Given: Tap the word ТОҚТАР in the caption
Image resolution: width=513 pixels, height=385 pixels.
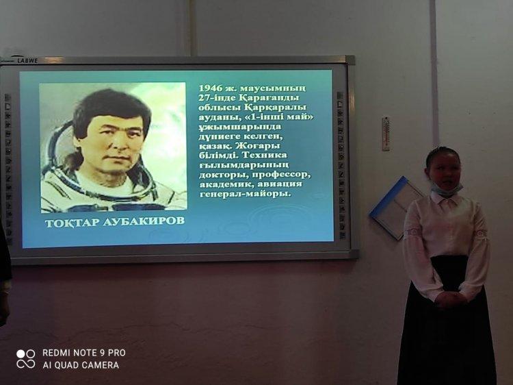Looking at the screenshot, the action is coord(72,223).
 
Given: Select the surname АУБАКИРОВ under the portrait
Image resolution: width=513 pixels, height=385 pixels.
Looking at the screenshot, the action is coord(144,221).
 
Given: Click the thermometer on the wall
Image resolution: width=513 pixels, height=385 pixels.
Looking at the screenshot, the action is coord(386,134).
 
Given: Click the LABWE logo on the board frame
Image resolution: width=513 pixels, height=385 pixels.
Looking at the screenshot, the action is coord(27,60).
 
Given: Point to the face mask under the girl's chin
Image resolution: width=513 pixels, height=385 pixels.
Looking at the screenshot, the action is coord(446,189).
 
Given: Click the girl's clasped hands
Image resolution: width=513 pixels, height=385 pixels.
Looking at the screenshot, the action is coord(451,299).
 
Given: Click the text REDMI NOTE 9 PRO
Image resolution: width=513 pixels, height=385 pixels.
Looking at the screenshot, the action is coord(84,353).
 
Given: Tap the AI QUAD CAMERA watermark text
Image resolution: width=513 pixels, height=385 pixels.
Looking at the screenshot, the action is coord(81,365).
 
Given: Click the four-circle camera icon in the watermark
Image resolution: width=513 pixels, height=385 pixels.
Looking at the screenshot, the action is coord(26,359).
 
